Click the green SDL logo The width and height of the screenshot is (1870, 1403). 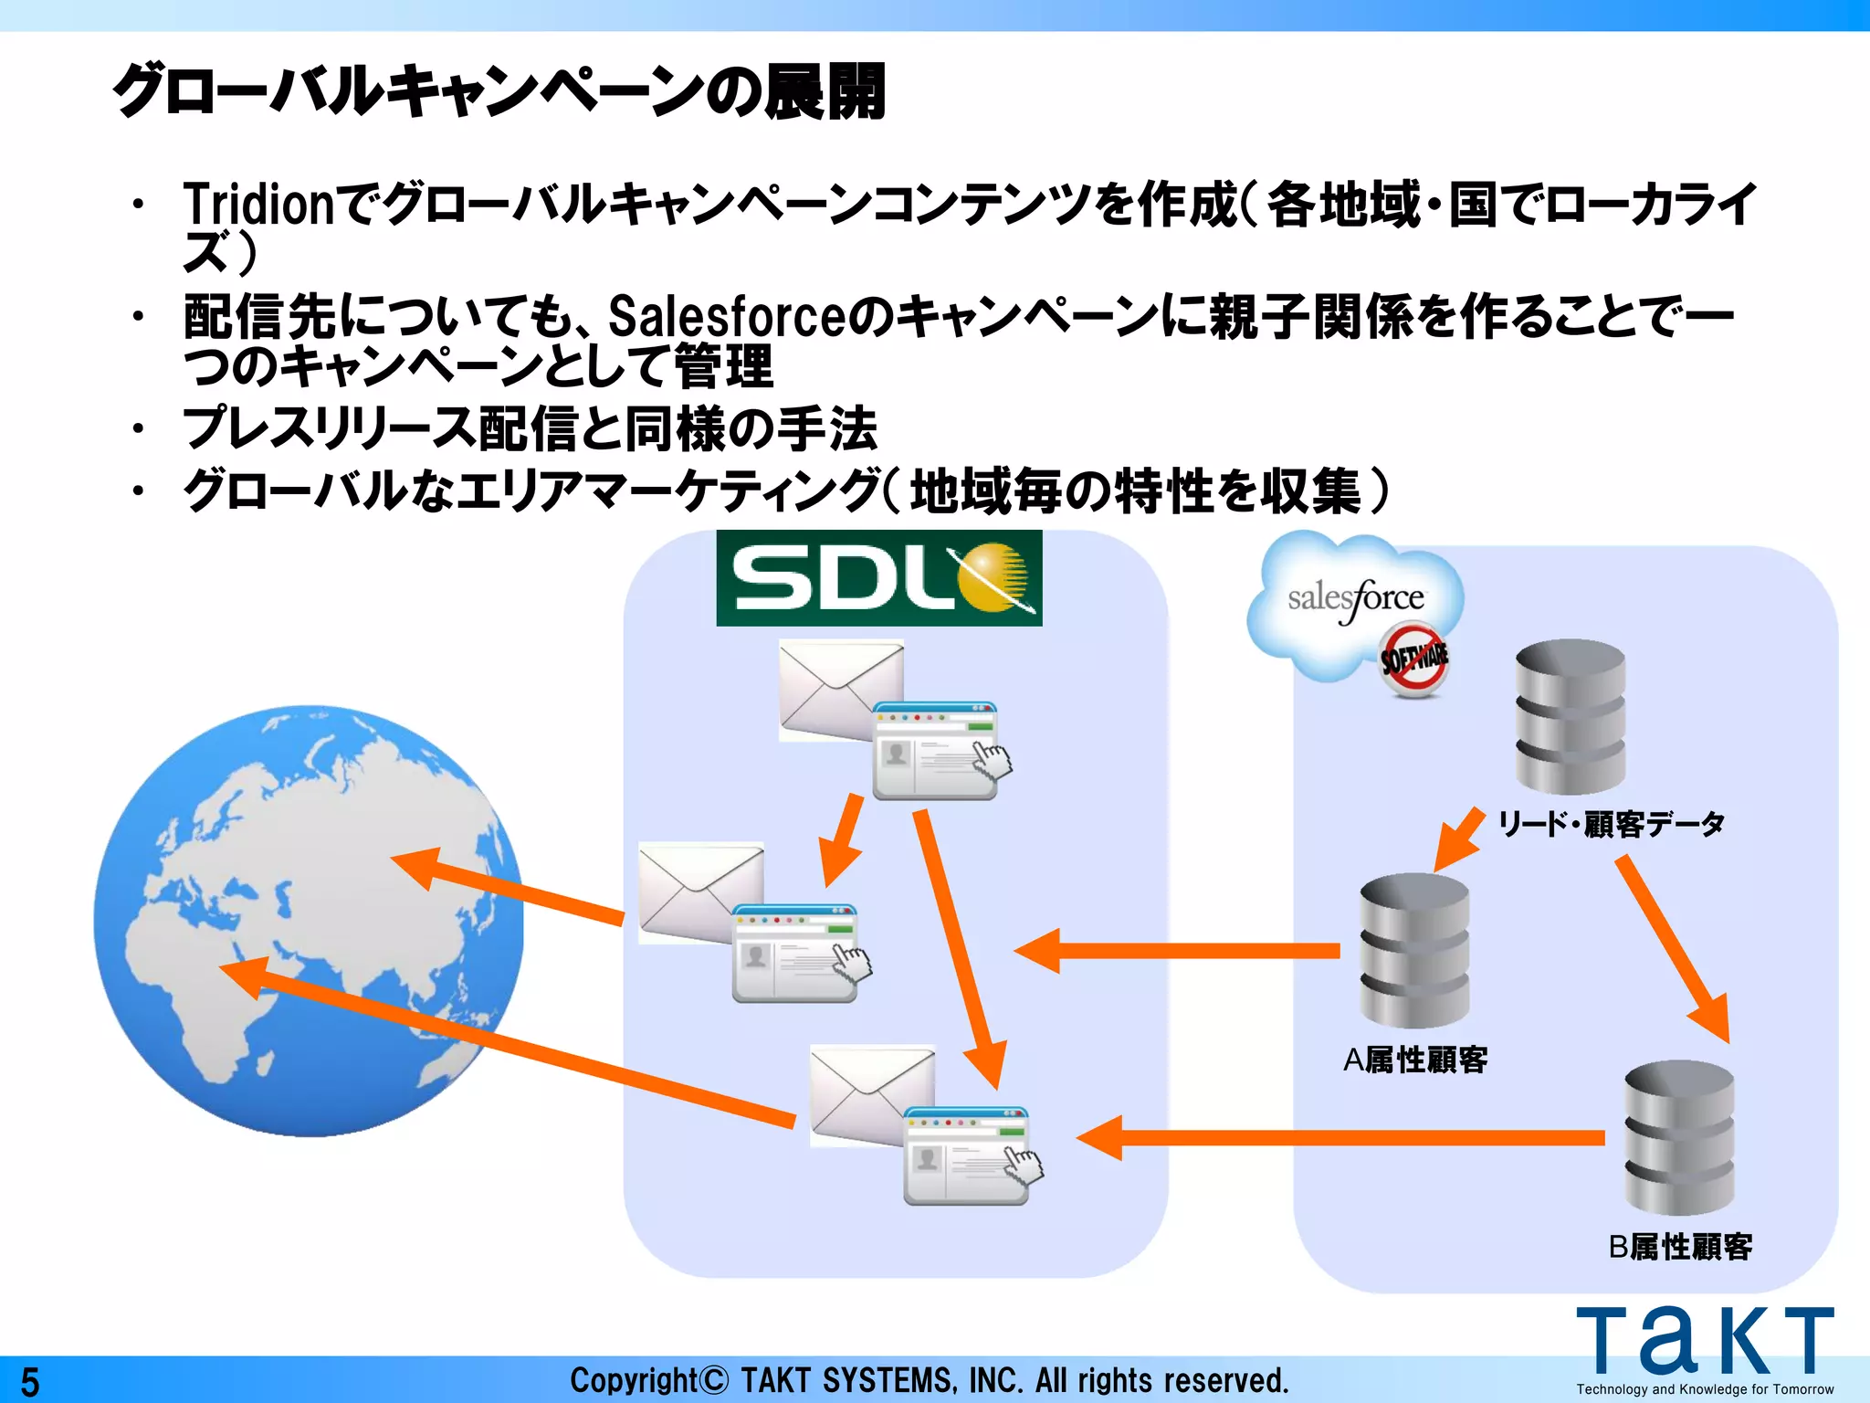[x=878, y=578]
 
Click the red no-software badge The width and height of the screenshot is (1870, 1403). [x=1413, y=659]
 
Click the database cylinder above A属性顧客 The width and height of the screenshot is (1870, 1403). [x=1414, y=950]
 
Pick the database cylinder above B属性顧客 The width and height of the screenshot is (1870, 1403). [x=1678, y=1136]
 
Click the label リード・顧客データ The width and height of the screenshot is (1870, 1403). [x=1612, y=824]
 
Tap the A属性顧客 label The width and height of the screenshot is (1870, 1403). [x=1415, y=1060]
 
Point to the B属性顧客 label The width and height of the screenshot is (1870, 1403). [x=1680, y=1247]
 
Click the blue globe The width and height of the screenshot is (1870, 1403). [x=309, y=921]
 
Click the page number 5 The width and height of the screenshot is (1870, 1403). [x=30, y=1382]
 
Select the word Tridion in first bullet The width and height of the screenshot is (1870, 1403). [x=259, y=204]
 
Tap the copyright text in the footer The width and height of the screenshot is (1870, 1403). [x=930, y=1380]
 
